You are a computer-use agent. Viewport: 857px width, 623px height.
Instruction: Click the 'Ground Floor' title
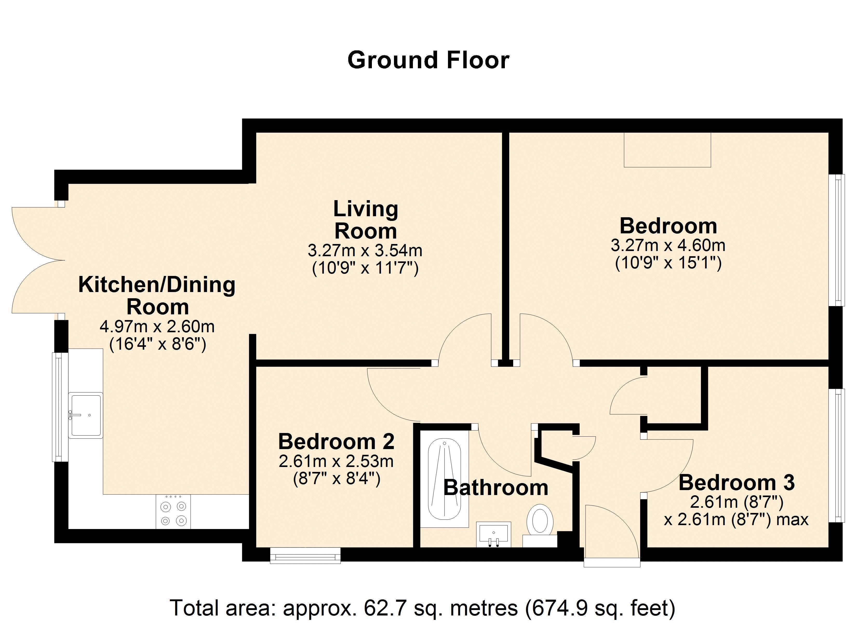(428, 60)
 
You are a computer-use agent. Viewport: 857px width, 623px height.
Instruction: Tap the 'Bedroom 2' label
(336, 441)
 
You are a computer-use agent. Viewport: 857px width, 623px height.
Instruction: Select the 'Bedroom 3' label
(737, 483)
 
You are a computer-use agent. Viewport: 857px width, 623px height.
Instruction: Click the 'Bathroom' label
(496, 487)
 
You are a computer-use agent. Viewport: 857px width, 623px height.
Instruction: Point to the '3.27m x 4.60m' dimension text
(668, 246)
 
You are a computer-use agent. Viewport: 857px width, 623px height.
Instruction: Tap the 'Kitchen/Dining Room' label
(157, 295)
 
